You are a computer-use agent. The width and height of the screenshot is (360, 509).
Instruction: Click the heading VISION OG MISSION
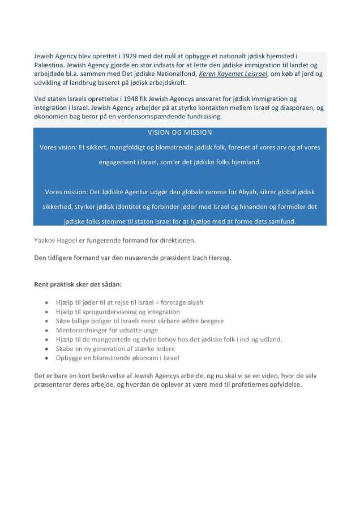[x=179, y=132]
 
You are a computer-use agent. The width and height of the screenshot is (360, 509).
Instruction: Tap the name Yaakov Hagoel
[x=55, y=240]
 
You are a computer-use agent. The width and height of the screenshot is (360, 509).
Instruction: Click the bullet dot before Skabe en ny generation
[x=46, y=349]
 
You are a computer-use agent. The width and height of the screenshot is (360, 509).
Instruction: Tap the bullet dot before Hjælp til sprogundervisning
[x=46, y=312]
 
